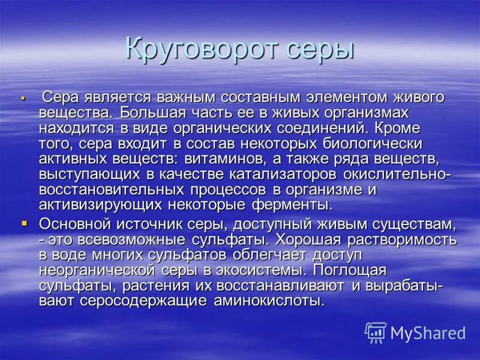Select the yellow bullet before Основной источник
25,223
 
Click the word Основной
76,224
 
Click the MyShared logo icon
376,332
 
